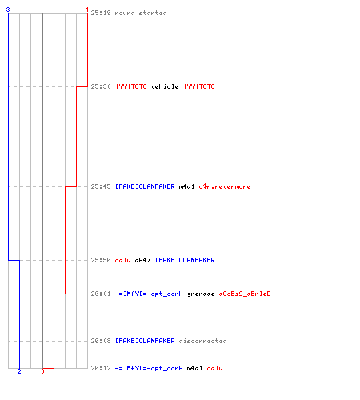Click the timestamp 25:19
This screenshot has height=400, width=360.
pyautogui.click(x=101, y=13)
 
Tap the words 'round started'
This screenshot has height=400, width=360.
pyautogui.click(x=141, y=13)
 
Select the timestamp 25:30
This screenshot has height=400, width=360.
pyautogui.click(x=101, y=86)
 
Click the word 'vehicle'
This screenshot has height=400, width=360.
pyautogui.click(x=165, y=86)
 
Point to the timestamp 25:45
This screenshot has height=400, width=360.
pyautogui.click(x=101, y=186)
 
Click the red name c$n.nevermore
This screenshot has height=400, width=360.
pyautogui.click(x=225, y=186)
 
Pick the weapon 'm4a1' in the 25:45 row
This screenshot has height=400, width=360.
pyautogui.click(x=187, y=186)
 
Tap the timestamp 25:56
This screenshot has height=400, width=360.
pyautogui.click(x=101, y=260)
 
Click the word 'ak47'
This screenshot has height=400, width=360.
pyautogui.click(x=143, y=260)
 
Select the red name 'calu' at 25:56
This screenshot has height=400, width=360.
pyautogui.click(x=123, y=260)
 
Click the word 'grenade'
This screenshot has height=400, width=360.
pyautogui.click(x=201, y=294)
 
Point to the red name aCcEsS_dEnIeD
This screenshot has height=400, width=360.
pyautogui.click(x=245, y=294)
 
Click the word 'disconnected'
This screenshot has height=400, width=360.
pyautogui.click(x=203, y=341)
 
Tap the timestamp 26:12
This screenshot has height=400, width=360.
pyautogui.click(x=101, y=368)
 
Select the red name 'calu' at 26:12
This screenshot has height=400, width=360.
pyautogui.click(x=215, y=368)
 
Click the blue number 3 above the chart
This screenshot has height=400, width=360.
pyautogui.click(x=8, y=10)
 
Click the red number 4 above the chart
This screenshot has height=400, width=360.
pyautogui.click(x=86, y=10)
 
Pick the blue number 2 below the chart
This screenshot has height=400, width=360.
pyautogui.click(x=19, y=371)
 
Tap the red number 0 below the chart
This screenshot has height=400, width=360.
pyautogui.click(x=42, y=371)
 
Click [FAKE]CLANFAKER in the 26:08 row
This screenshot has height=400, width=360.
pyautogui.click(x=145, y=341)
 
